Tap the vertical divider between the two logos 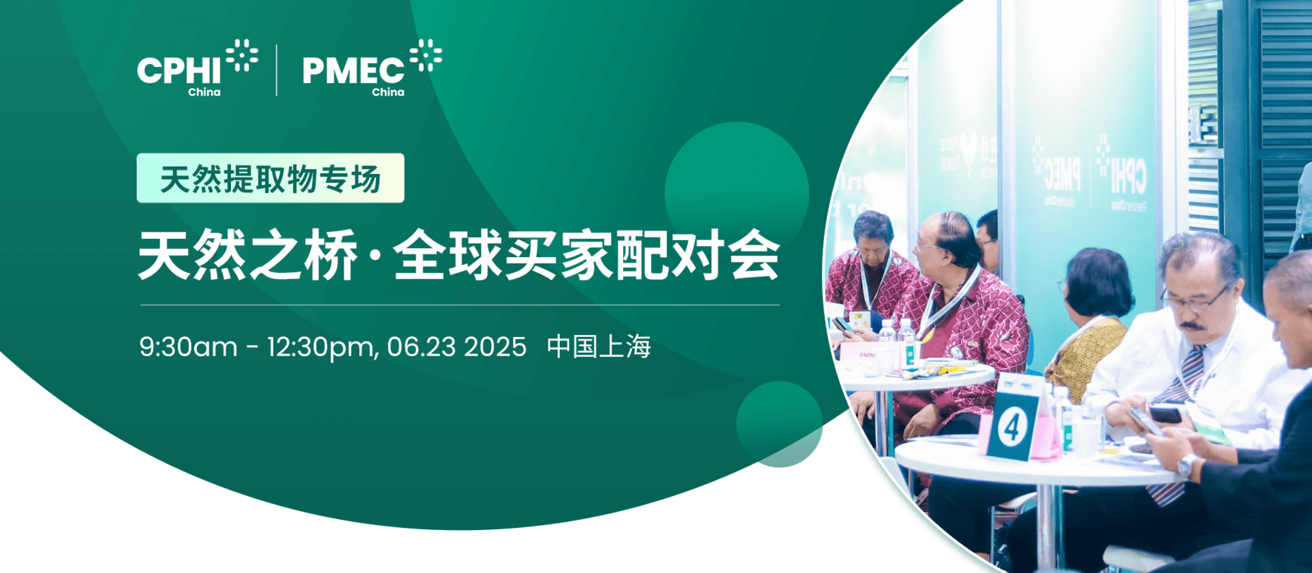point(277,70)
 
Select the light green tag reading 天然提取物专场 point(270,178)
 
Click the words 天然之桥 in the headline point(248,256)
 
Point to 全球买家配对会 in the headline point(587,256)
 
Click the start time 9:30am point(188,347)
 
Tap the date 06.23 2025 point(456,347)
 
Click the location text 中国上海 point(598,347)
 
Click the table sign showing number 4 point(1012,427)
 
